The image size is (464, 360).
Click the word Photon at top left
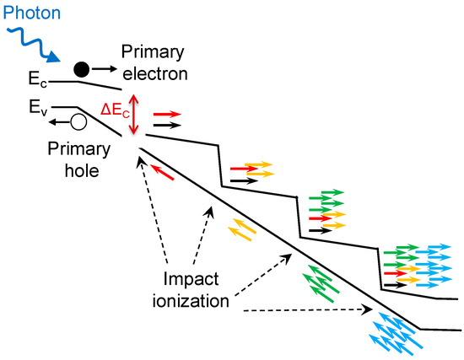[28, 12]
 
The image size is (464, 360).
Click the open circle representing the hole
[79, 122]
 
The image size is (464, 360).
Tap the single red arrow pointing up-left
[165, 172]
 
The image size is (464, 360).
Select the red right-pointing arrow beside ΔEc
[165, 112]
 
